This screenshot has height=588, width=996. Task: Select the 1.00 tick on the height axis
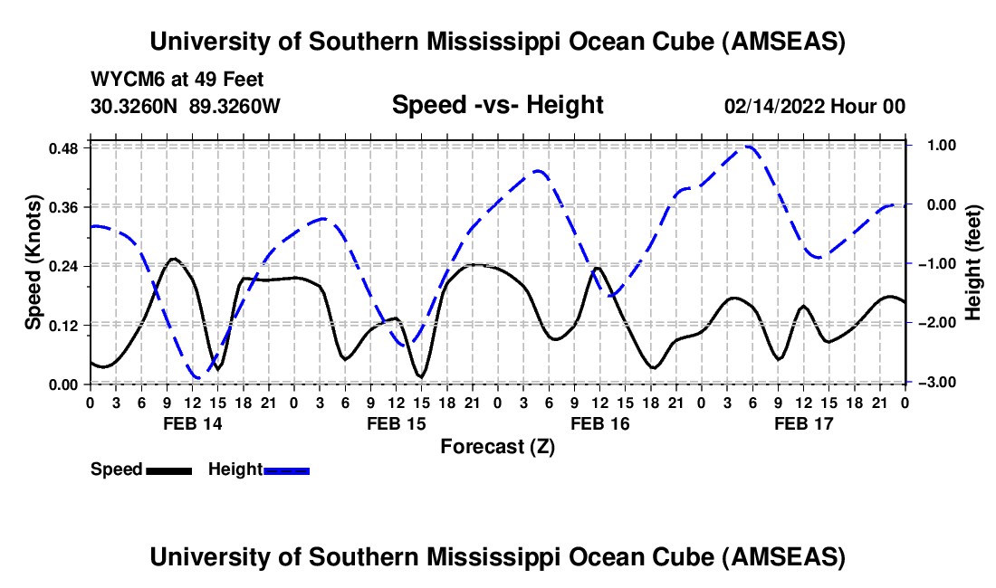point(932,145)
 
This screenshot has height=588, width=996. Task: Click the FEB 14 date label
point(192,423)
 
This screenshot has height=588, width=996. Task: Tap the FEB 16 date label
point(599,423)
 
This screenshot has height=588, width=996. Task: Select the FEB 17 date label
point(803,423)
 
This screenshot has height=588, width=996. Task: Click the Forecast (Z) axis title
point(497,446)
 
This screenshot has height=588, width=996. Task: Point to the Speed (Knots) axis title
point(34,262)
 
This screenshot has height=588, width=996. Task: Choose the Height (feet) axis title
point(973,262)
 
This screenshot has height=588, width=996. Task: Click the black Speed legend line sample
point(168,470)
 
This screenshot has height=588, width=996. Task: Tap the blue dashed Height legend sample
point(286,470)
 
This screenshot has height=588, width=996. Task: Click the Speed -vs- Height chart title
point(497,106)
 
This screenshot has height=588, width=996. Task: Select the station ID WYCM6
point(123,81)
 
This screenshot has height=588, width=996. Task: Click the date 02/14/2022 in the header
point(774,107)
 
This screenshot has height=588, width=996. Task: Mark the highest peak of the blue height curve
point(748,147)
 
